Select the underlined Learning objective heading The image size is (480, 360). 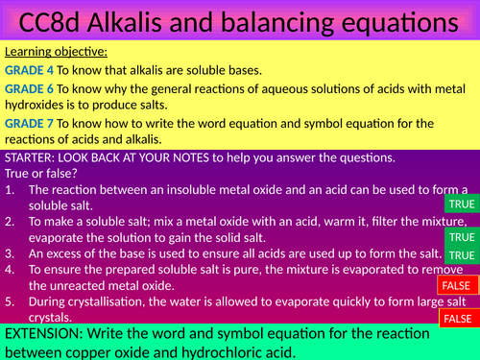click(56, 51)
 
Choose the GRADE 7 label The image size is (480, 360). click(29, 123)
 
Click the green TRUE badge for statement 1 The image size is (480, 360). click(462, 204)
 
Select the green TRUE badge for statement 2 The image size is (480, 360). click(462, 237)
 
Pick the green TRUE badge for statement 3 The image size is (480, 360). click(462, 254)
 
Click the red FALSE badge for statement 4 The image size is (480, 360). click(457, 286)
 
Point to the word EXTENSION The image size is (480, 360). click(46, 333)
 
